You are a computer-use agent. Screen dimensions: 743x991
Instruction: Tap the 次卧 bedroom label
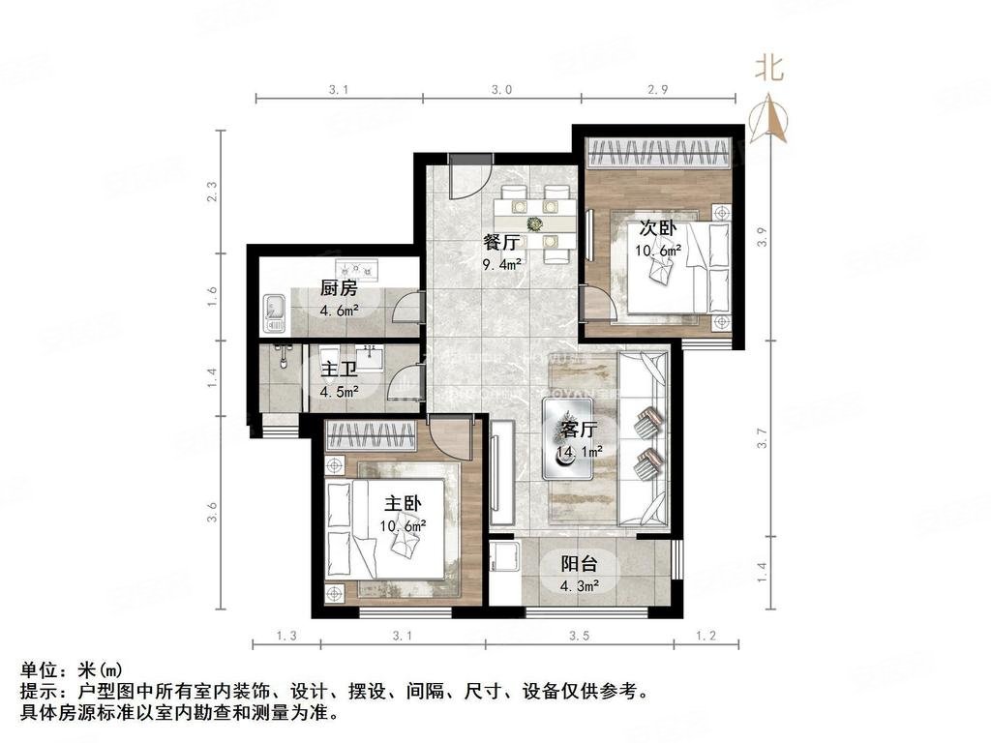pos(657,229)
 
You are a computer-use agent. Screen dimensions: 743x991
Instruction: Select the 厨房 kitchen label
pos(340,288)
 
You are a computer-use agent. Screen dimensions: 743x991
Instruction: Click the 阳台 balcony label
pos(579,564)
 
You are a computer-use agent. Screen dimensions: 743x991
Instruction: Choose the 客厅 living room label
pos(579,430)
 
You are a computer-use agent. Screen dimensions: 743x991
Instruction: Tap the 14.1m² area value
pos(579,451)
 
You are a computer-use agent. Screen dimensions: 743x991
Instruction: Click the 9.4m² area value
pos(502,263)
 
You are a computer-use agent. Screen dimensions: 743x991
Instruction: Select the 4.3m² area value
pos(579,585)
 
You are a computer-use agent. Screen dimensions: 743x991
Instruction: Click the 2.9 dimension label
pos(658,89)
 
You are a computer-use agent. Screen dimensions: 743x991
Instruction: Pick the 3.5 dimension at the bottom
pos(580,636)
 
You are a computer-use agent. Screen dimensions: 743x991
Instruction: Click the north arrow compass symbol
pos(770,118)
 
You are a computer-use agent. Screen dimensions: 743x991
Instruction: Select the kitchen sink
pos(274,308)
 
